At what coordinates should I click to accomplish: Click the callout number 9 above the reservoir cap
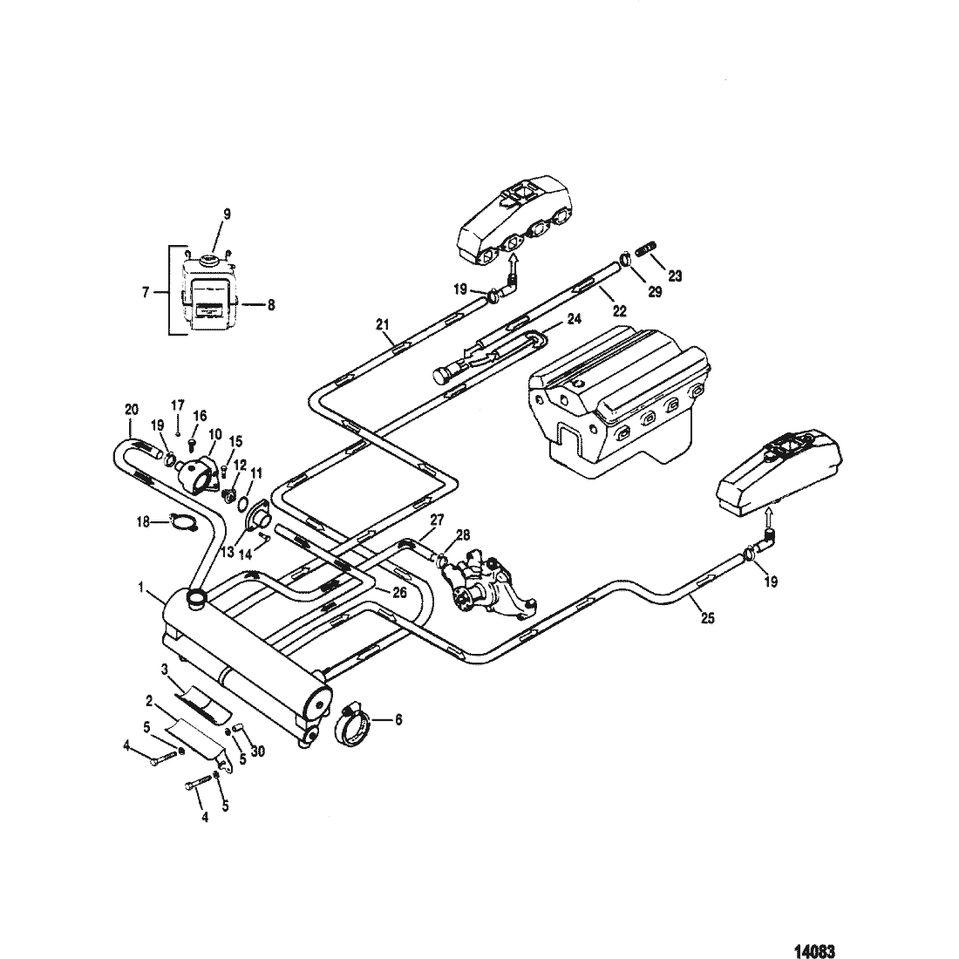(x=227, y=214)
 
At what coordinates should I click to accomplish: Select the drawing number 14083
(x=814, y=950)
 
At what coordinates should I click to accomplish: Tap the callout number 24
(x=575, y=318)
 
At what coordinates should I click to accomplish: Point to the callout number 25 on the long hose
(x=707, y=618)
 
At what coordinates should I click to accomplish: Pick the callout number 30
(x=258, y=751)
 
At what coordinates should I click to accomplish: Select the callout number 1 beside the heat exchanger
(x=141, y=588)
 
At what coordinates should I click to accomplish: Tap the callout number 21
(x=383, y=325)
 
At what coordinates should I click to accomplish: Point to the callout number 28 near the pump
(x=463, y=535)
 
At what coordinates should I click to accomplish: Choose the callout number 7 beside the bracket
(x=146, y=292)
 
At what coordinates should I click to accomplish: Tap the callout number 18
(x=143, y=523)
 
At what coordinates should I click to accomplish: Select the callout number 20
(x=132, y=409)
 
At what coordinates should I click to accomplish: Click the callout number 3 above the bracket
(x=165, y=670)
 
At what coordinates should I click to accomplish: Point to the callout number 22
(x=620, y=311)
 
